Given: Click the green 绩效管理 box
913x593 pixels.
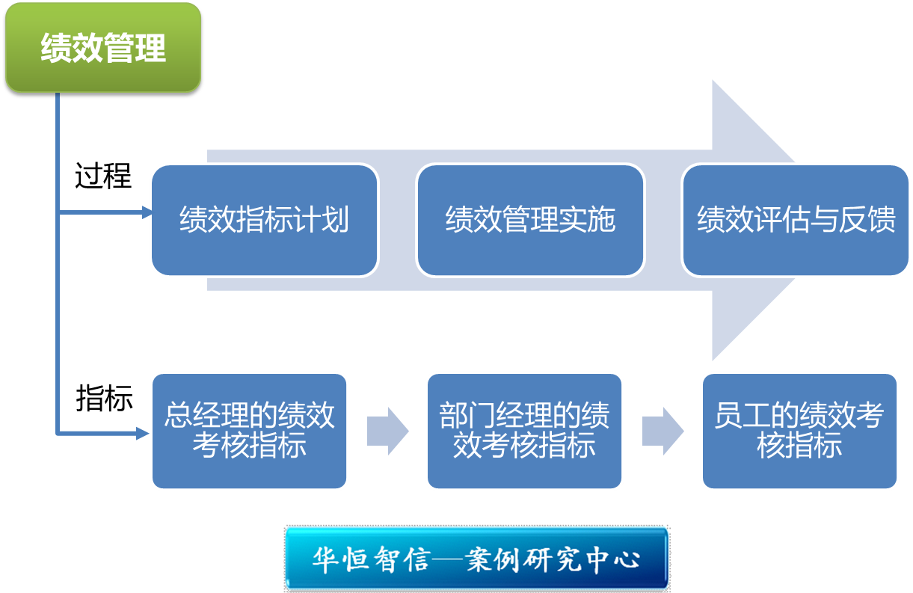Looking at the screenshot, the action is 103,47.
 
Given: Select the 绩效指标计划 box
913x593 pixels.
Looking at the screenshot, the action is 265,220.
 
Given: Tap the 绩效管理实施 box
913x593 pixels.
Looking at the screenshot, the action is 530,220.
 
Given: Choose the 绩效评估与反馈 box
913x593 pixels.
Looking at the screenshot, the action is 796,220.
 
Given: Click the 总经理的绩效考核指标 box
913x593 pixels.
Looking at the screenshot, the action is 250,431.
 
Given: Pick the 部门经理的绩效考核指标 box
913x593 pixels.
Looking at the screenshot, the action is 525,431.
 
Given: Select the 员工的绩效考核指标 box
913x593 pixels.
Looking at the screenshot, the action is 799,431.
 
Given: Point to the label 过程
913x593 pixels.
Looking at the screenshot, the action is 103,176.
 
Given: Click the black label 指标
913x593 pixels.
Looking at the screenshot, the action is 105,398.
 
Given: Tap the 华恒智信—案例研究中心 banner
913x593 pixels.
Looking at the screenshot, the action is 476,559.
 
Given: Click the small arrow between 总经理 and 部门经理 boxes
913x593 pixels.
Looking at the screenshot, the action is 387,431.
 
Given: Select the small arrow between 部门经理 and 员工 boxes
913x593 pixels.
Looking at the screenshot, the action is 663,431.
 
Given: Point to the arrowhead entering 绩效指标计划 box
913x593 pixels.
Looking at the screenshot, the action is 147,212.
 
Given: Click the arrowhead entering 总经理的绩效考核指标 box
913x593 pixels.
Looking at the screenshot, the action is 143,433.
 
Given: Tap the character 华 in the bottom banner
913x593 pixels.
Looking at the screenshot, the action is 325,559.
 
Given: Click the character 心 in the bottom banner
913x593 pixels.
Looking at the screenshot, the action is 627,559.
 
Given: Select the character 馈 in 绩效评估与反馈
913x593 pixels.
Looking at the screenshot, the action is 882,219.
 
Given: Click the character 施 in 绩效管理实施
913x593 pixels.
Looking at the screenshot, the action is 601,219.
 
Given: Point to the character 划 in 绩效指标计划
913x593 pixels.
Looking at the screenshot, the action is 335,219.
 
